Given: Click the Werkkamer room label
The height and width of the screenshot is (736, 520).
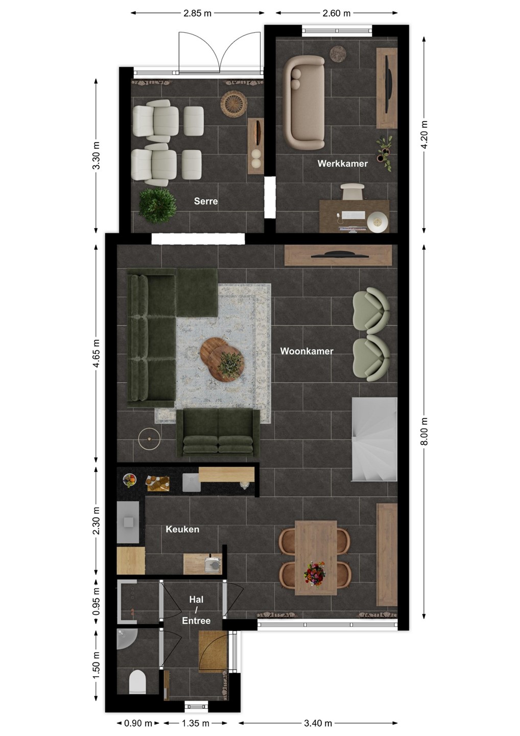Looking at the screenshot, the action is coord(342,164).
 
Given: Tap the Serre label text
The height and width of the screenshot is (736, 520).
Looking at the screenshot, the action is coord(206,201).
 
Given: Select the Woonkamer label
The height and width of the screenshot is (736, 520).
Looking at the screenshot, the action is coord(306,351).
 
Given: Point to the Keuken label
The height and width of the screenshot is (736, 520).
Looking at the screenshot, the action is coord(182,529).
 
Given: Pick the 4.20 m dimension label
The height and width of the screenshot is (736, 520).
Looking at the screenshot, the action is coord(424,135).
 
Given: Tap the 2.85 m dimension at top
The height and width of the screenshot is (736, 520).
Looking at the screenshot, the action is coord(197,13).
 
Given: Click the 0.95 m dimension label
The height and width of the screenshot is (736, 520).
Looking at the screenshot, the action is coord(96,601).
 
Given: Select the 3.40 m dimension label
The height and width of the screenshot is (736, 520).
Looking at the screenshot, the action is coord(318,723).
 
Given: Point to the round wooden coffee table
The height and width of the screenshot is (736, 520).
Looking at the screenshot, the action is coord(222,359).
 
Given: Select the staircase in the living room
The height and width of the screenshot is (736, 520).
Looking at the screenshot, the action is coord(374,439).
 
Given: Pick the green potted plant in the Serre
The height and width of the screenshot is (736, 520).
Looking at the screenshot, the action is coord(157,205).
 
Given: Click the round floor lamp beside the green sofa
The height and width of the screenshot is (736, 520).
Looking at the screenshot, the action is coord(149,439).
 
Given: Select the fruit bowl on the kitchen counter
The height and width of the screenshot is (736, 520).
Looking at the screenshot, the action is coord(129,480).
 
